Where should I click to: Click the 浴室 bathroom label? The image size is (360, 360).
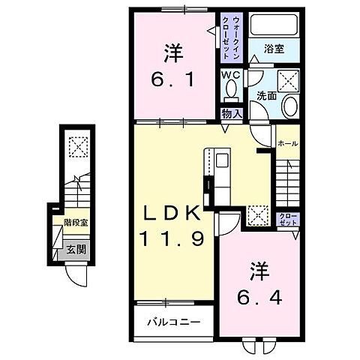[274, 50]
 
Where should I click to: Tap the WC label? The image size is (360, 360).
[230, 75]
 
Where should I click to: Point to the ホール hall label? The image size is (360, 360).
[288, 142]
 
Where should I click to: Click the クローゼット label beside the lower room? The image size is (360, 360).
[288, 219]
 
